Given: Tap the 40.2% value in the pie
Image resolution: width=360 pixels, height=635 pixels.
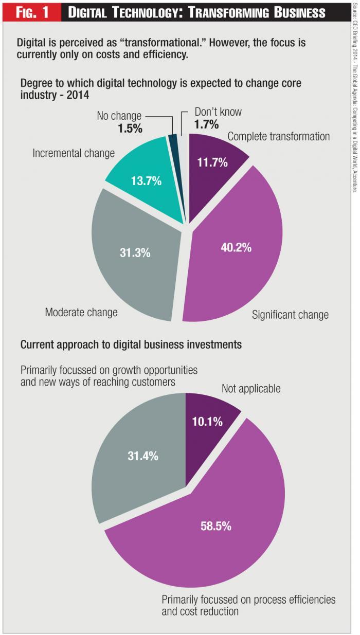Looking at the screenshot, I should click(236, 247).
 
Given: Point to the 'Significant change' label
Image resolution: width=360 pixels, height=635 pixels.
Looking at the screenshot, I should click(290, 315).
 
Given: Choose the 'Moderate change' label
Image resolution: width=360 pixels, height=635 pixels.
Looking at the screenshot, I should click(81, 312).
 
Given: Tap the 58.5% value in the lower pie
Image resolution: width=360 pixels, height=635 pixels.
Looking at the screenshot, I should click(216, 526).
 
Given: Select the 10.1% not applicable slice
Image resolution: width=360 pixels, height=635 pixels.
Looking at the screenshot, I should click(208, 422).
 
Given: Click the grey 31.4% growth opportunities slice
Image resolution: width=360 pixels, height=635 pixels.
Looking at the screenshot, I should click(142, 456).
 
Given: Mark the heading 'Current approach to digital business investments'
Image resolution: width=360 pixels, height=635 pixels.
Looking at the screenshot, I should click(131, 344).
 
